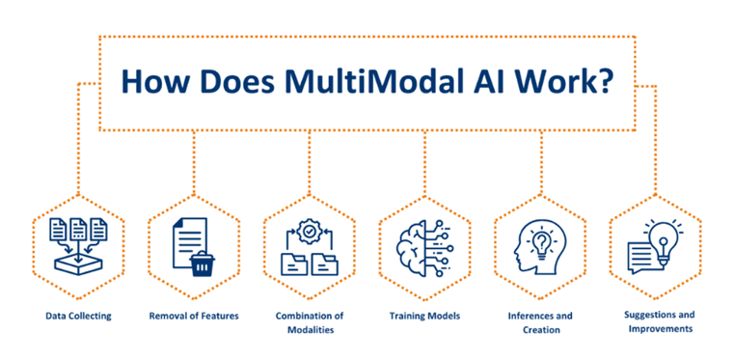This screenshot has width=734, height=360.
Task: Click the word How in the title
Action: click(153, 80)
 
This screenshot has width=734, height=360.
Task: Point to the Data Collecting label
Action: click(78, 316)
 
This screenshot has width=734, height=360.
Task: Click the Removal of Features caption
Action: click(194, 316)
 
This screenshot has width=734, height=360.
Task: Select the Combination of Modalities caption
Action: click(309, 321)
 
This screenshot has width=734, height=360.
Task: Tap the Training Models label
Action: click(424, 316)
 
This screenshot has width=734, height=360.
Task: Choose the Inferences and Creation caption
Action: click(540, 321)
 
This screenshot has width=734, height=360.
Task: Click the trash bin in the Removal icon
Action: click(203, 263)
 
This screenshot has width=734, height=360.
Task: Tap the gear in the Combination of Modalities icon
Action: click(310, 231)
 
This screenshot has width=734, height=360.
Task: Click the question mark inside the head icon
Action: click(542, 239)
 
